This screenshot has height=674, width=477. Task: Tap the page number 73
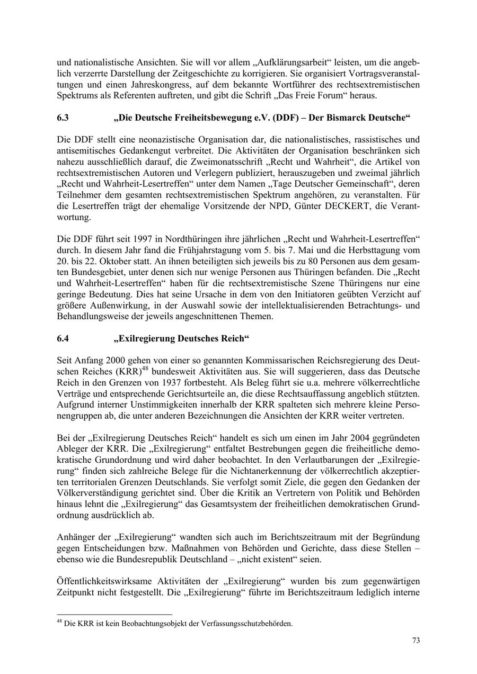coord(416,641)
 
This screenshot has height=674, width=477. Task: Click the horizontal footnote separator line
coord(114,615)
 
